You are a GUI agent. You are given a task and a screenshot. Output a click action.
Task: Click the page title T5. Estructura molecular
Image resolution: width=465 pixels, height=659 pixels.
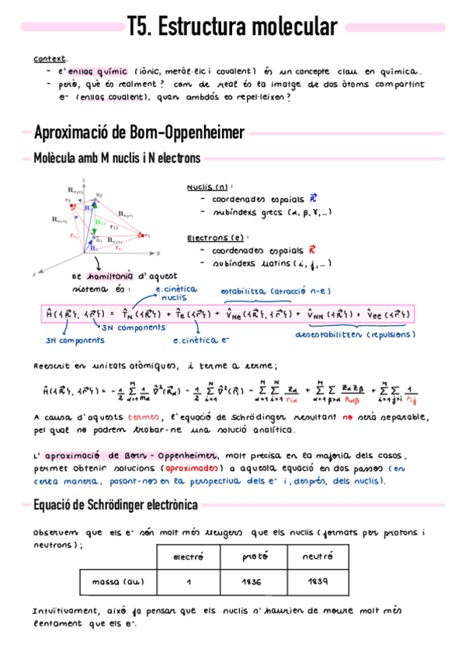[232, 28]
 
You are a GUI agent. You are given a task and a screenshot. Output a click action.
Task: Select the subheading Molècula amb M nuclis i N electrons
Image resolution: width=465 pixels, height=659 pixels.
[116, 159]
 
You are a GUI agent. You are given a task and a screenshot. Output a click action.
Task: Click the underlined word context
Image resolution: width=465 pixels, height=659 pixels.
[50, 58]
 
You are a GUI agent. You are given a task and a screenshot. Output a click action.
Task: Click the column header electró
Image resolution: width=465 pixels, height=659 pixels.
[188, 556]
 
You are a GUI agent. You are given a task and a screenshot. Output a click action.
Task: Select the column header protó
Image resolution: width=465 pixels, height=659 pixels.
[252, 556]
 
